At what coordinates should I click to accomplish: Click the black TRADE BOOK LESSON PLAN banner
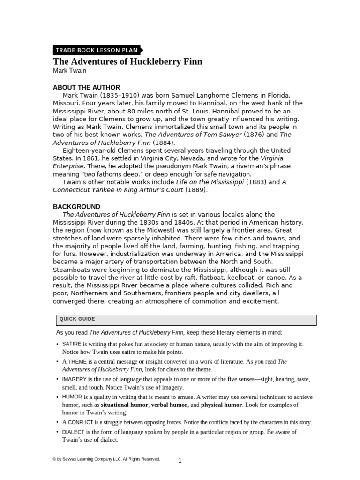coord(96,50)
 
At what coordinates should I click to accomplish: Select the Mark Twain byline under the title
coord(69,71)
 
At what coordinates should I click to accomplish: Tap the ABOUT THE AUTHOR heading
coord(86,87)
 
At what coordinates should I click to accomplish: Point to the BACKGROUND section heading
coord(76,206)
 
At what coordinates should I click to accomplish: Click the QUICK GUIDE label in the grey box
coord(77,319)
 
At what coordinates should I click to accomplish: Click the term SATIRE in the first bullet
coord(72,344)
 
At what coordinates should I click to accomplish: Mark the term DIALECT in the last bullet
coord(74,432)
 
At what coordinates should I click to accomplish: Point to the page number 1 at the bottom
coord(180,460)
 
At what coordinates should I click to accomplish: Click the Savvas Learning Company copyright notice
coord(106,459)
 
